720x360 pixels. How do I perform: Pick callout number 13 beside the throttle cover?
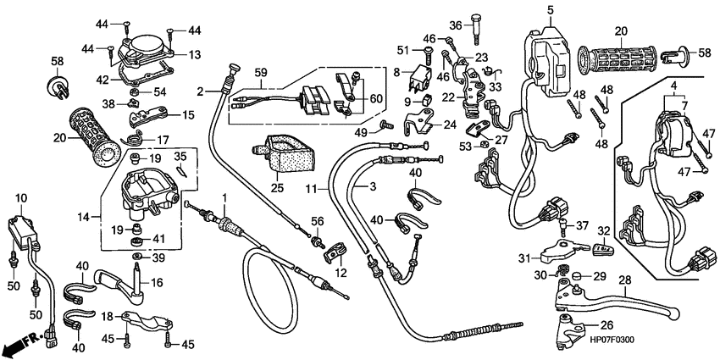(195, 54)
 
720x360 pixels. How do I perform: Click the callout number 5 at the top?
(549, 9)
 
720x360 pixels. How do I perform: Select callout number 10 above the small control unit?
(20, 197)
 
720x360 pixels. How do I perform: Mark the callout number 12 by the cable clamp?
(341, 273)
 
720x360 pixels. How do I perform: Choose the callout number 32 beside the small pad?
(604, 230)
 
